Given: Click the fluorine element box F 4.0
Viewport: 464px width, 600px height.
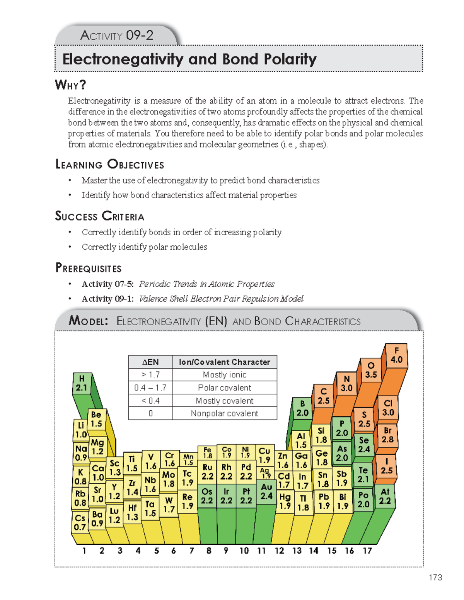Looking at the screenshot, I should (x=396, y=355).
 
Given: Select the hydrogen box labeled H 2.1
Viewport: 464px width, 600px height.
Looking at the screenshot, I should (x=82, y=383).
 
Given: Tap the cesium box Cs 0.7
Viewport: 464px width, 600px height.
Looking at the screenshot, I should (x=80, y=522).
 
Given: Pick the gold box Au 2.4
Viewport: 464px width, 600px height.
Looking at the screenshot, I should (x=266, y=491).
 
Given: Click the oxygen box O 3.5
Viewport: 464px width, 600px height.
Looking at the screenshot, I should (x=371, y=370).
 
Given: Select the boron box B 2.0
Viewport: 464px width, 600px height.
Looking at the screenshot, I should (x=302, y=408).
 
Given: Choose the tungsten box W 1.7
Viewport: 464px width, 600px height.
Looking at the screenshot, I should (x=169, y=505).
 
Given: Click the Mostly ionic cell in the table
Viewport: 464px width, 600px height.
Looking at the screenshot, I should (x=225, y=375).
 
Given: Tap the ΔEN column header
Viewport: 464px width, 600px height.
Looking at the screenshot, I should (x=150, y=362).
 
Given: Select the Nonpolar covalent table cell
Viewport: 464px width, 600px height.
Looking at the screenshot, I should (x=225, y=413).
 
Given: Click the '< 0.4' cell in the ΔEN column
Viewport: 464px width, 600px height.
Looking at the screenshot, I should (x=150, y=401).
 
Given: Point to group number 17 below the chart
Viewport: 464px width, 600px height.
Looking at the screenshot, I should (x=367, y=551).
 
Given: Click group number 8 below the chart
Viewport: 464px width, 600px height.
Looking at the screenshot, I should (x=209, y=551).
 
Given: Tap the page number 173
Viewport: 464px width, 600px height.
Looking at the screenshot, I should (x=435, y=577).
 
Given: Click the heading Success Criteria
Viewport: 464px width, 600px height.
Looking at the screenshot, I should (x=100, y=216).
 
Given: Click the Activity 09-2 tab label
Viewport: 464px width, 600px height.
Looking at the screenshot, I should (x=117, y=36).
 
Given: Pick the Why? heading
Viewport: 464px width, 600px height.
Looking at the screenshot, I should (x=70, y=85).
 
